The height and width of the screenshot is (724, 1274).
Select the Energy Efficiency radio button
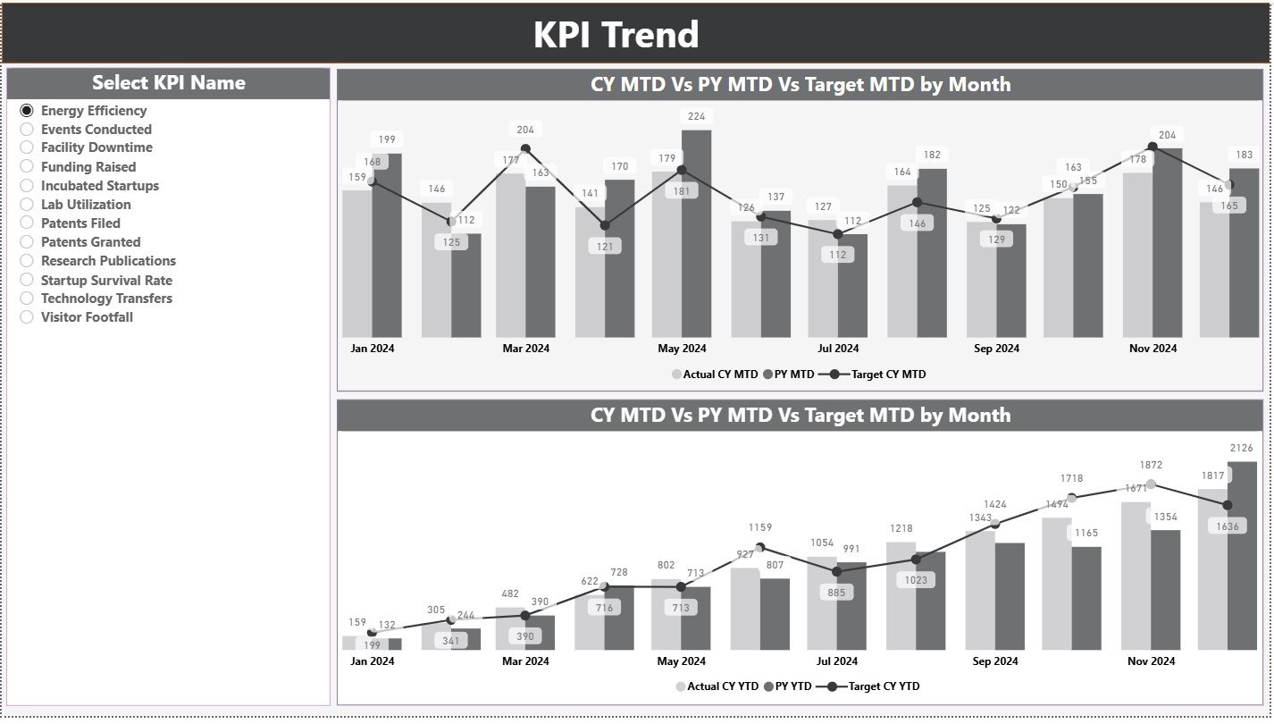coord(27,111)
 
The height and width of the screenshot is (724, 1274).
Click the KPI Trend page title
coord(616,35)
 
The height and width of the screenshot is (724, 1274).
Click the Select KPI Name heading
coord(168,83)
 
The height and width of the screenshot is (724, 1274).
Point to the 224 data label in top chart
coord(696,116)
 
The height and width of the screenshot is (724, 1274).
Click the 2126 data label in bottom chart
coord(1241,448)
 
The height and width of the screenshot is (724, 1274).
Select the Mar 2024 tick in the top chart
coord(525,349)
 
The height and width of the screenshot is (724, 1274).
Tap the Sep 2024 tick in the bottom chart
coord(995,661)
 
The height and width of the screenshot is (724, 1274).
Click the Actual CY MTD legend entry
coord(715,375)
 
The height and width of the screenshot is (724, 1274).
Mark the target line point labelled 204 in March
coord(525,149)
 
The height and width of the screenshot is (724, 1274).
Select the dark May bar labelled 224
coord(696,232)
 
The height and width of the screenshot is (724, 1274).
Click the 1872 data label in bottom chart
coord(1151,465)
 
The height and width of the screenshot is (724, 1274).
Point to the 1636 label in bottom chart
coord(1228,526)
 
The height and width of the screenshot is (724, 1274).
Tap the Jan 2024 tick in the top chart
coord(372,349)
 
